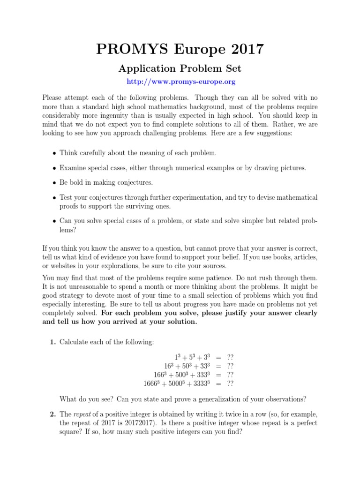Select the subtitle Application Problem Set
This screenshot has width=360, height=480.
[180, 69]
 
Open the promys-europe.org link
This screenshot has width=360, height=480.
[181, 82]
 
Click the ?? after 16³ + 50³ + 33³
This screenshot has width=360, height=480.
[230, 366]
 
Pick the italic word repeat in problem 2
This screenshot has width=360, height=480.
[81, 414]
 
